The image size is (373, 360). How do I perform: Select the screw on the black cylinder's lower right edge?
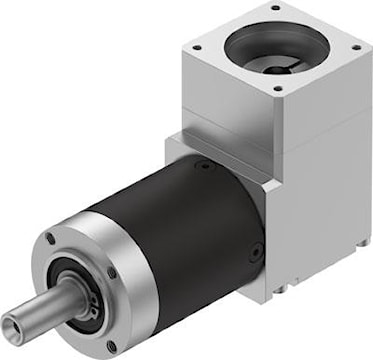(x=257, y=251)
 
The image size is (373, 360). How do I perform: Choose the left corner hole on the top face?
(x=197, y=47)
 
